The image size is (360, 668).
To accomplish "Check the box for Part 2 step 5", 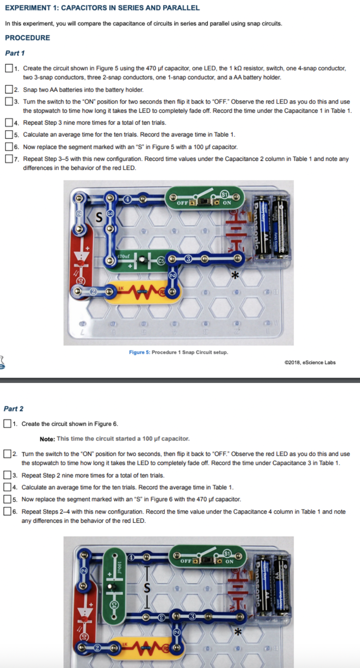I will [7, 499].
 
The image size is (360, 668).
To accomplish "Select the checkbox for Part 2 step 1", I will [7, 424].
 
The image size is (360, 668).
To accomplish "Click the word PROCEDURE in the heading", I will [27, 38].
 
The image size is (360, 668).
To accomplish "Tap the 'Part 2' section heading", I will [14, 409].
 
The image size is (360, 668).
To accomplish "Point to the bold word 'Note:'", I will [47, 439].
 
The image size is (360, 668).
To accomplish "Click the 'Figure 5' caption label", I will [139, 352].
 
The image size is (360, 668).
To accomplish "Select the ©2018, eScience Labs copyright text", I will [310, 362].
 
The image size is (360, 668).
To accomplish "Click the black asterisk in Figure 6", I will [237, 633].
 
